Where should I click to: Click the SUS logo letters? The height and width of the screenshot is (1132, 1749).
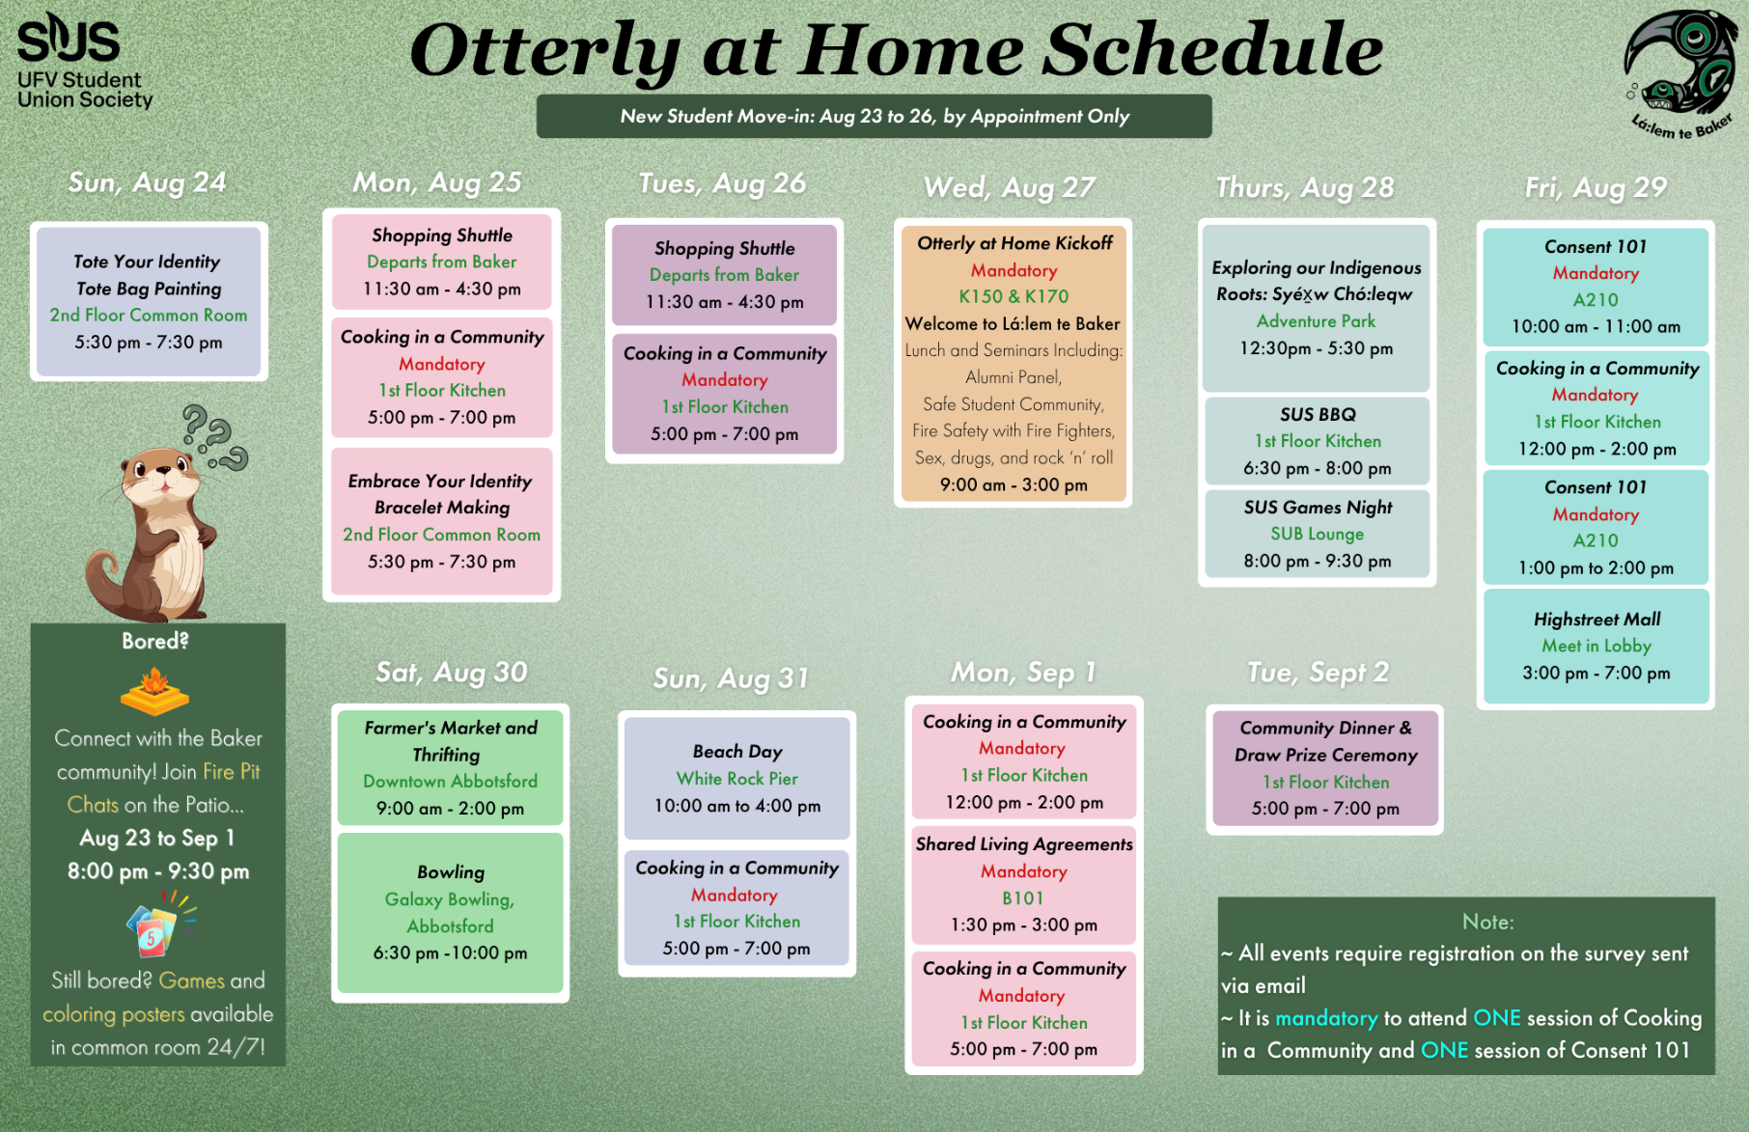coord(69,39)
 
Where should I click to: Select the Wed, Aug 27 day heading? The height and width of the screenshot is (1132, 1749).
coord(1010,187)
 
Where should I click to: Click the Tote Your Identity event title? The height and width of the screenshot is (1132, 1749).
coord(147,262)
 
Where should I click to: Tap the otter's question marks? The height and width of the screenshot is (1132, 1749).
coord(215,436)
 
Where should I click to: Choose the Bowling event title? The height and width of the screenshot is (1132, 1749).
coord(451,872)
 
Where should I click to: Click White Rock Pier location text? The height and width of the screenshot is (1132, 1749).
coord(737,779)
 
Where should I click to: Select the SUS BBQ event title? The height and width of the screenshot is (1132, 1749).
coord(1318,414)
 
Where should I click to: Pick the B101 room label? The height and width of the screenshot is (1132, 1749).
coord(1023,898)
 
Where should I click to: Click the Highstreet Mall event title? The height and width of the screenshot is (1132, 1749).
coord(1596,620)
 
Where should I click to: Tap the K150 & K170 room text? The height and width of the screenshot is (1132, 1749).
coord(1013,296)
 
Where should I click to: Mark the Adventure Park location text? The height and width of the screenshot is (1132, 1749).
coord(1317,321)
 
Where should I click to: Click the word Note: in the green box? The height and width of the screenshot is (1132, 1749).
coord(1487,922)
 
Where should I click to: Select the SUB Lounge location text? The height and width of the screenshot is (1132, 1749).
coord(1318,534)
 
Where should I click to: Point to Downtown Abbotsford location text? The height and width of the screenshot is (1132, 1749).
coord(451,782)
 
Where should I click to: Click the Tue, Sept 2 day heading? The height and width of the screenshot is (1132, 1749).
coord(1318,673)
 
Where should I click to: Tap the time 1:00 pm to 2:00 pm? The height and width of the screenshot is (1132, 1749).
coord(1596,568)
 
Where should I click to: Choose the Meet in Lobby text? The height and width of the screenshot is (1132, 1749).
coord(1596,647)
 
